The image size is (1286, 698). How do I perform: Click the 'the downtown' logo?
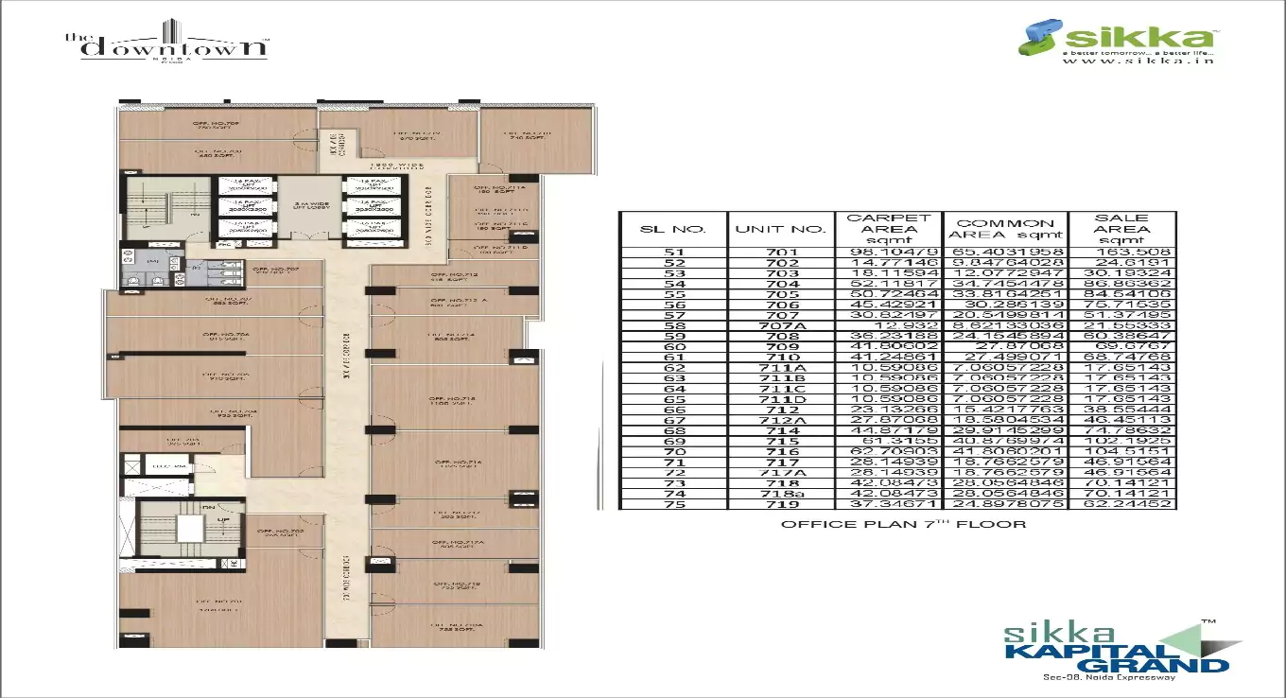165,44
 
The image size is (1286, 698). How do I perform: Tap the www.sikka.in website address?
1138,61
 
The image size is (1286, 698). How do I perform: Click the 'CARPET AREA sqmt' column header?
888,230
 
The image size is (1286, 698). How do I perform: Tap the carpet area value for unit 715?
888,441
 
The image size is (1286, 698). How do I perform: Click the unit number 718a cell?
780,492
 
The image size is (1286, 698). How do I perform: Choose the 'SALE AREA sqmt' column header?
1121,230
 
